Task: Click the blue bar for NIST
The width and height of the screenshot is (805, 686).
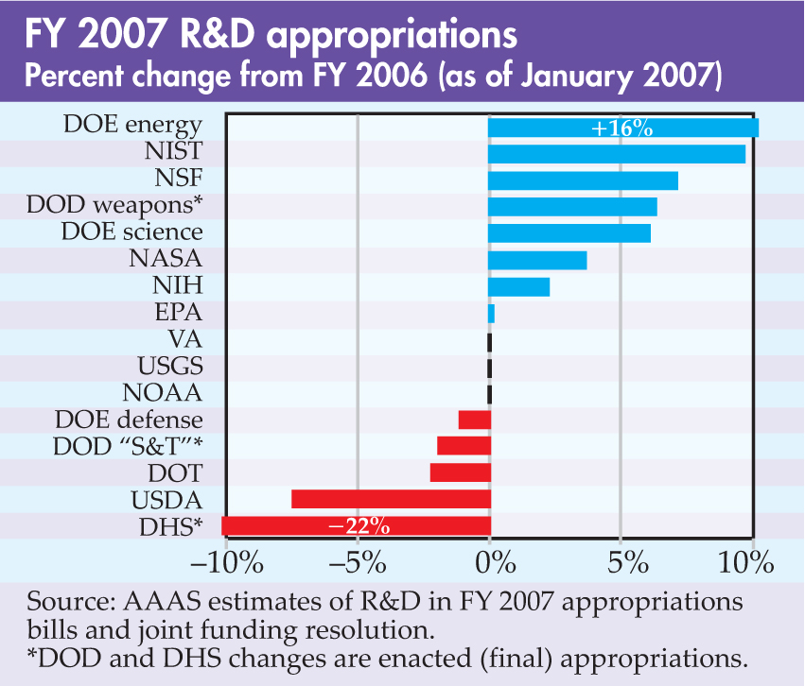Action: tap(616, 153)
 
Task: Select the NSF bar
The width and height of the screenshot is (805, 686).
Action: tap(583, 180)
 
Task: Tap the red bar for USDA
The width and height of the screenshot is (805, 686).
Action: tap(390, 498)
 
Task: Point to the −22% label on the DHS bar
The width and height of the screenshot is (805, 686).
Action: tap(359, 526)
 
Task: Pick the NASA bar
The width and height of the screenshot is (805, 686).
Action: tap(536, 260)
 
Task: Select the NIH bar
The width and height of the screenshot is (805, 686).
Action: tap(518, 286)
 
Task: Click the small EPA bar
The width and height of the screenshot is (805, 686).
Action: tap(491, 313)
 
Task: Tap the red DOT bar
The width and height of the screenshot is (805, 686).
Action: tap(460, 472)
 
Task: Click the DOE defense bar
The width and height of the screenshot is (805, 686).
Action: tap(474, 419)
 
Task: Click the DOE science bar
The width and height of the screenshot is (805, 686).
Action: tap(569, 233)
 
